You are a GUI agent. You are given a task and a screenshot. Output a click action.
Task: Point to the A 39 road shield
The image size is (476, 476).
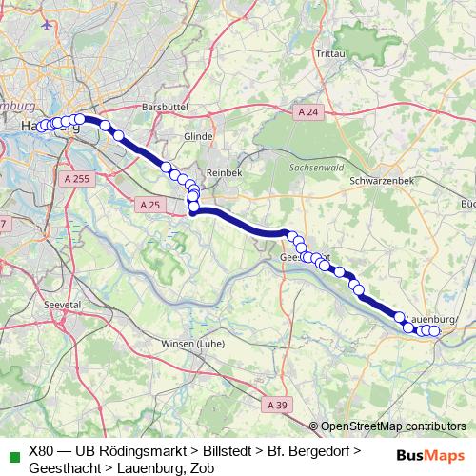(277, 405)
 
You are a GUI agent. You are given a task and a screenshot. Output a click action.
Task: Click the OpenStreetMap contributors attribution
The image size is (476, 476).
(393, 426)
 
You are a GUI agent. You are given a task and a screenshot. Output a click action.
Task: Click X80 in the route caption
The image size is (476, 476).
(44, 450)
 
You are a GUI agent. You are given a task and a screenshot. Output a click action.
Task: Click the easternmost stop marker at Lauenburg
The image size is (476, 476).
(435, 331)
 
